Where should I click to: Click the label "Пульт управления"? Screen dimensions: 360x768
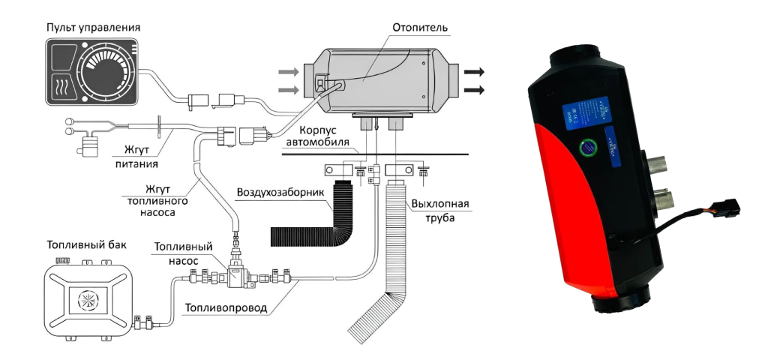click(x=94, y=28)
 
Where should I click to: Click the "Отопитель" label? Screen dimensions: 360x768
click(x=420, y=28)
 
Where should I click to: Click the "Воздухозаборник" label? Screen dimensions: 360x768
click(x=281, y=193)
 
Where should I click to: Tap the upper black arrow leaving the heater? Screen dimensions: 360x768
click(x=473, y=72)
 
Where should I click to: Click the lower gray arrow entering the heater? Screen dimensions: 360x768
click(x=287, y=90)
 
